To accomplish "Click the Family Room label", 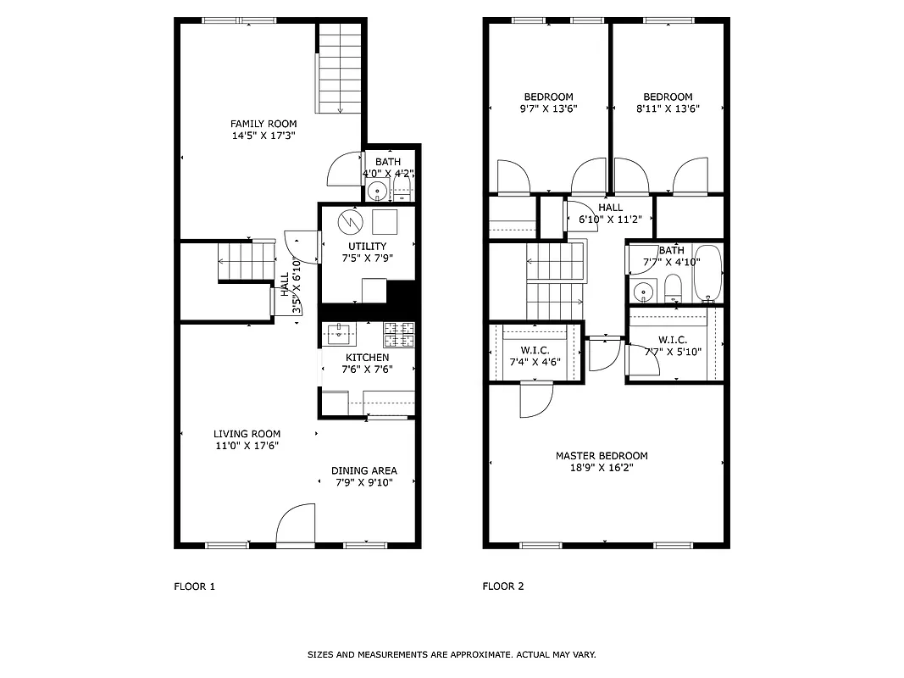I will (x=263, y=124).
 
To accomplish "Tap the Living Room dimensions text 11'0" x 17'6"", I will (x=247, y=446).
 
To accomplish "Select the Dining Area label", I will (x=363, y=471).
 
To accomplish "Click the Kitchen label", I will (x=367, y=358).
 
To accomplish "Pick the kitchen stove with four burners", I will (x=398, y=335).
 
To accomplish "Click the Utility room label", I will (x=367, y=247).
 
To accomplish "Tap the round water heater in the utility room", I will (x=348, y=222).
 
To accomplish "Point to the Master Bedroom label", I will (x=602, y=456).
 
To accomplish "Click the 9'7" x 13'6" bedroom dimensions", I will (x=548, y=108).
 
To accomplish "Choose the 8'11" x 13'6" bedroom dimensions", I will (x=668, y=108).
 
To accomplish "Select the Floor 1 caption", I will (x=195, y=586).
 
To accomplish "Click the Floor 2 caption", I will (x=503, y=586).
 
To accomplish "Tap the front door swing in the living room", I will (x=295, y=525).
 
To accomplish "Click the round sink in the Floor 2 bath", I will (x=643, y=292).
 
